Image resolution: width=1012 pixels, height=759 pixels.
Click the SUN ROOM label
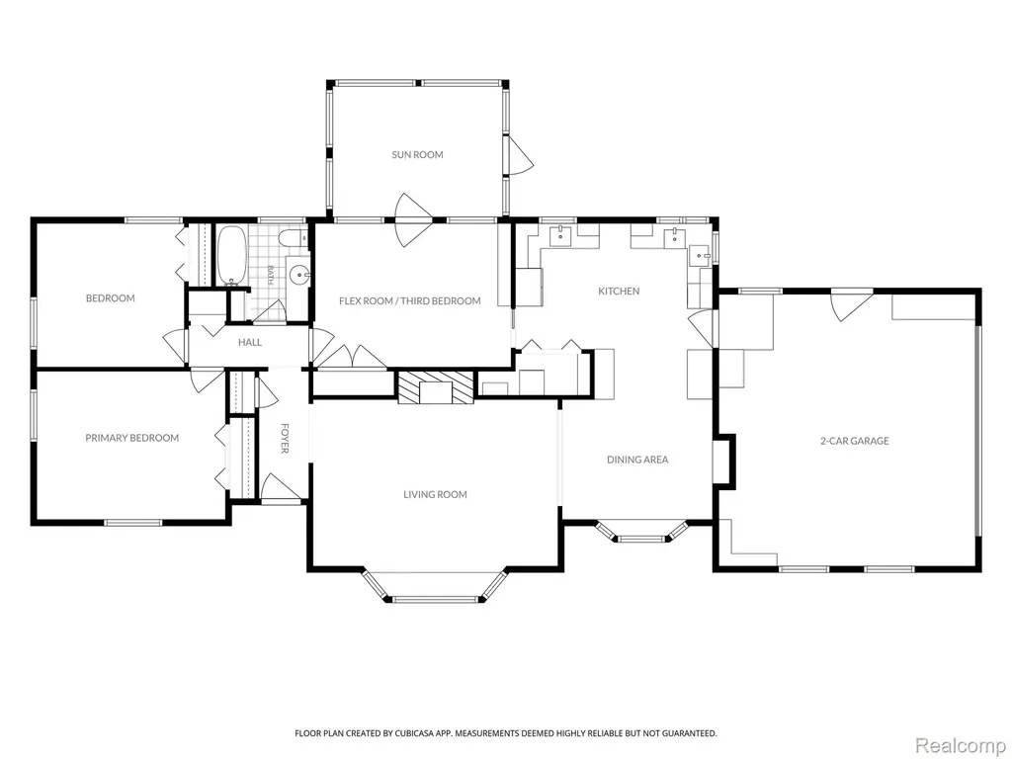tap(418, 155)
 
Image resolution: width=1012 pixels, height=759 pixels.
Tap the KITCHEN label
tap(619, 292)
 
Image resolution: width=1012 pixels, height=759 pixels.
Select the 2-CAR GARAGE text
tap(855, 441)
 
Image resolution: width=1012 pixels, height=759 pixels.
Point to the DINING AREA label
tap(637, 460)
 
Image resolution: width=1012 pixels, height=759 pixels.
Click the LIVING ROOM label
tap(435, 494)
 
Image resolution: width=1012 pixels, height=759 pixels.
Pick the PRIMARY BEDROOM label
tap(132, 438)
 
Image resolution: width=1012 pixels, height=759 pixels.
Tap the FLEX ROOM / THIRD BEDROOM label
tap(410, 300)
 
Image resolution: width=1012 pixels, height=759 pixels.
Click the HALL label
tap(250, 342)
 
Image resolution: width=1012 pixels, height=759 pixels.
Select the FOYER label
tap(285, 438)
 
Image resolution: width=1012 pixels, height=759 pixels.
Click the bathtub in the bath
tap(231, 256)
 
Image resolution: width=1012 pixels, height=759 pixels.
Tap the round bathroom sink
tap(298, 276)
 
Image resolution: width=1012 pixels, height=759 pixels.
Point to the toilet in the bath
tap(295, 238)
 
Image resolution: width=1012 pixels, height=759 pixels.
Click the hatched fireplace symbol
tap(436, 387)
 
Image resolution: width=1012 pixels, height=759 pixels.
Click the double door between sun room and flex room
tap(414, 220)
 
